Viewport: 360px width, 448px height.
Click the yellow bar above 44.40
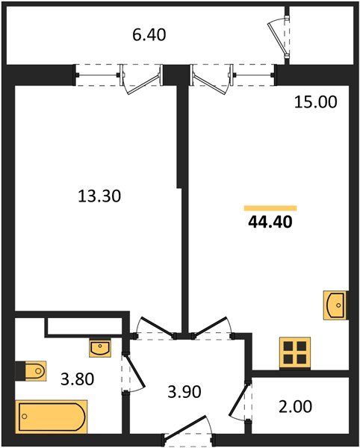click(270, 207)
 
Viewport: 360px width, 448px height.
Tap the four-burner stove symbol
click(294, 352)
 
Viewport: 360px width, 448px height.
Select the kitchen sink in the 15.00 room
click(335, 305)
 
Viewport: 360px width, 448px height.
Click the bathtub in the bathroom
click(50, 415)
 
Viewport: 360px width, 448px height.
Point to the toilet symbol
click(31, 370)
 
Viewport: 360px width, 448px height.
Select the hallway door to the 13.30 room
click(152, 327)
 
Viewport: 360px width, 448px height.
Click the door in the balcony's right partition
click(281, 34)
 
